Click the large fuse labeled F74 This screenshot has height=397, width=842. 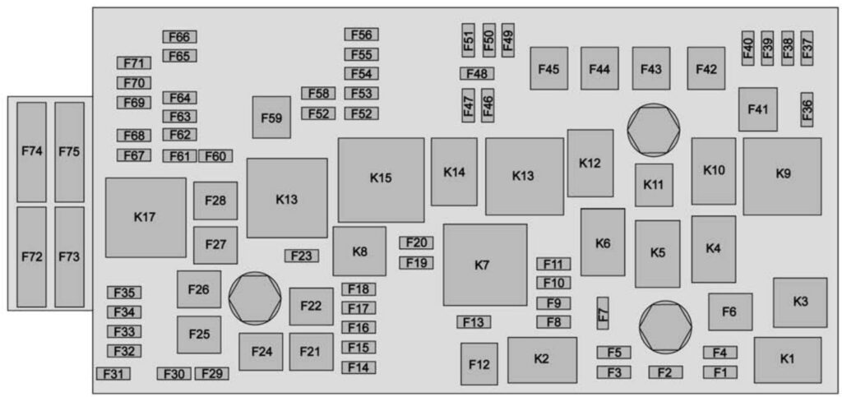pos(31,152)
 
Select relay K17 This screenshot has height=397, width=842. pos(146,217)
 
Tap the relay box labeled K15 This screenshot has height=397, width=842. pos(381,178)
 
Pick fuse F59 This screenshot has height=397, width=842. pos(271,118)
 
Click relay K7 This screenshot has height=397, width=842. pos(484,265)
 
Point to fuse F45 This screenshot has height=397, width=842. pos(548,69)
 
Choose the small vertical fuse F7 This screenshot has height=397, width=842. pos(603,313)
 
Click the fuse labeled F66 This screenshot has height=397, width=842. pos(179,37)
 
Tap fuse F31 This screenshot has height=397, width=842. pos(113,374)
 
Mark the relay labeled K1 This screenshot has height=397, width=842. pos(787,359)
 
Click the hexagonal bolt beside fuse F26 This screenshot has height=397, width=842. pos(255,298)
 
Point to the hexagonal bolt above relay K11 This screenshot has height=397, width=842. pos(653,130)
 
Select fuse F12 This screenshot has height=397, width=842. pos(479,363)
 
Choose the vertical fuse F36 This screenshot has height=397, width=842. pos(807,109)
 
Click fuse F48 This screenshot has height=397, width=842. pos(477,74)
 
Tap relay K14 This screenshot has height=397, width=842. pos(454,172)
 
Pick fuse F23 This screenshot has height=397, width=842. pos(302,256)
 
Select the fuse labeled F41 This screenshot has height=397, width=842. pos(757,109)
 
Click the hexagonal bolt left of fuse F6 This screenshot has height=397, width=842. pos(665,327)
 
